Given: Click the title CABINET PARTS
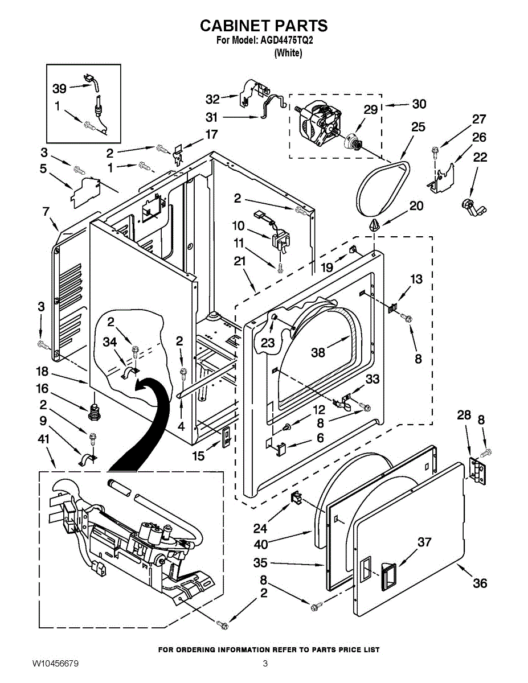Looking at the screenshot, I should (263, 26).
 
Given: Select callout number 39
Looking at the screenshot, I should (59, 88).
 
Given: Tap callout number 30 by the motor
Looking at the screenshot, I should (419, 104).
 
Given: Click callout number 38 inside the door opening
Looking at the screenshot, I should (318, 352).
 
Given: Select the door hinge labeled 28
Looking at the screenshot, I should (478, 471).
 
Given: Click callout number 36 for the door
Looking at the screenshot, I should (480, 583).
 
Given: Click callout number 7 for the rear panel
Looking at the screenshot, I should (46, 212).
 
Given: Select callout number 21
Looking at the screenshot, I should (239, 261).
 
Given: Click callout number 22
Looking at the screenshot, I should (480, 157).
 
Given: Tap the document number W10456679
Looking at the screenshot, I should (55, 663).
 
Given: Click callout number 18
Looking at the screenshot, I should (42, 372).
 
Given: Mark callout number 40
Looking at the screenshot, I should (261, 544).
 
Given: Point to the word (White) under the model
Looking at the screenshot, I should (288, 53).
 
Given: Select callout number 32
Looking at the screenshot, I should (212, 98).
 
